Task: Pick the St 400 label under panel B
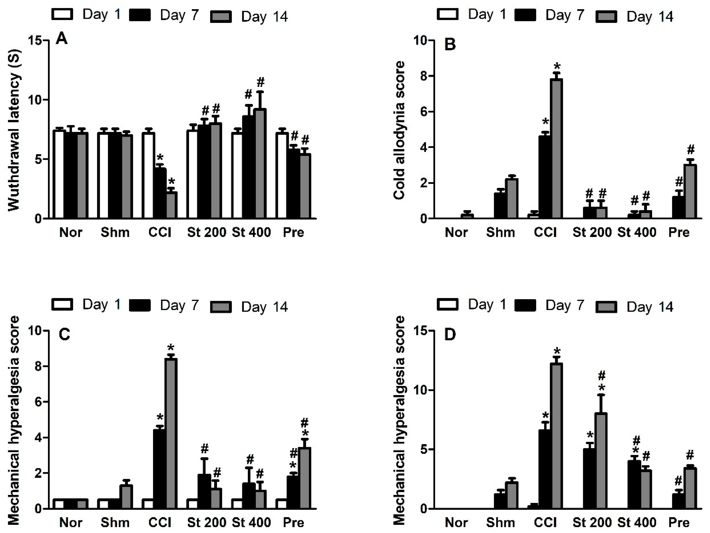[x=637, y=232]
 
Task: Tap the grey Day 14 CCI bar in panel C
[x=171, y=433]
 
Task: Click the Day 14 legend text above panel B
[x=650, y=16]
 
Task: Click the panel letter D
[x=449, y=335]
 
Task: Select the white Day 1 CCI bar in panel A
[x=148, y=176]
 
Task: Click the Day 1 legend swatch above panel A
[x=62, y=14]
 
